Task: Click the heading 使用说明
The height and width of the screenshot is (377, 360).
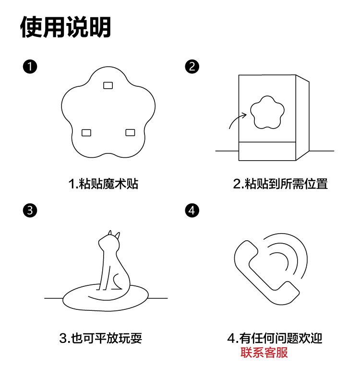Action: pos(65,27)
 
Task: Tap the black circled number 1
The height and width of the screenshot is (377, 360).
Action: pos(30,67)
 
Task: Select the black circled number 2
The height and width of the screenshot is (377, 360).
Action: pos(192,67)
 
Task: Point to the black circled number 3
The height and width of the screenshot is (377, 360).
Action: pos(30,211)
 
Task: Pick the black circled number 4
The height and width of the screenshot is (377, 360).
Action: pos(192,211)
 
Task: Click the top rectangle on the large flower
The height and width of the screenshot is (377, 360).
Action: pos(108,85)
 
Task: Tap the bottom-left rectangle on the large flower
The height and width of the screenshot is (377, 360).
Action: pos(86,133)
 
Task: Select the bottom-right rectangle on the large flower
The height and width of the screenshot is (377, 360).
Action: pos(130,132)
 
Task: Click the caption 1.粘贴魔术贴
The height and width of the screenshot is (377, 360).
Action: pos(103,184)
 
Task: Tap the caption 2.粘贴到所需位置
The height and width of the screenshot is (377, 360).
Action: pos(280,184)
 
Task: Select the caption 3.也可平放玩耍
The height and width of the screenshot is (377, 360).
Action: pos(101,338)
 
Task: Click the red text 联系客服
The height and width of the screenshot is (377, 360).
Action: pos(264,353)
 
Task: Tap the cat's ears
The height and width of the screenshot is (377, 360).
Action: pos(114,235)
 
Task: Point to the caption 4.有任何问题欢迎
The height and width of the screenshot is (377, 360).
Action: pos(275,338)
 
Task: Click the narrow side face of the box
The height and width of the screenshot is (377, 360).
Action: pos(302,118)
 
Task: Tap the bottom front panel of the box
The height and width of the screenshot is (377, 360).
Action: pos(267,151)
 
